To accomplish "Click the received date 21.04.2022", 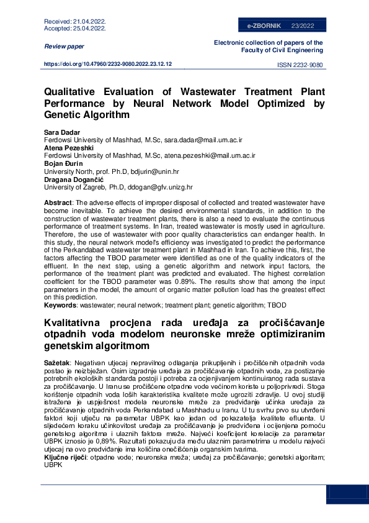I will pos(90,22).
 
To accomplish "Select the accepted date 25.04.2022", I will pos(90,29).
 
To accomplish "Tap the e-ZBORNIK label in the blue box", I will pos(264,26).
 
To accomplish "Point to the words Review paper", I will pos(64,47).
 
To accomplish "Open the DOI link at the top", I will pos(108,64).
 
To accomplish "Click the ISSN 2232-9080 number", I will pos(300,65).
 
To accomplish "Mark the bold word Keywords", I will pos(60,305).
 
